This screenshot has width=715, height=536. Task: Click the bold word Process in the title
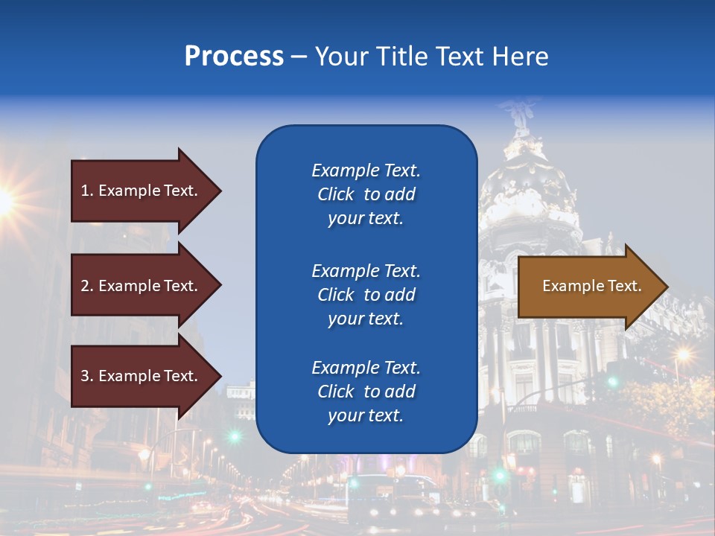pos(234,57)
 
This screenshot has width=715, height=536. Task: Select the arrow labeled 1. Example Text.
pos(139,191)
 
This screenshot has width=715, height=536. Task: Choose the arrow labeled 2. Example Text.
pos(139,286)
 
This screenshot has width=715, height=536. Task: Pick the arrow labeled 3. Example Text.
pos(139,376)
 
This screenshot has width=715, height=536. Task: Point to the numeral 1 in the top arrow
pos(85,191)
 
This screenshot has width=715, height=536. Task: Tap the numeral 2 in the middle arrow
pos(85,286)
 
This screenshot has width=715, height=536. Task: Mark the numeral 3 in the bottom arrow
pos(85,376)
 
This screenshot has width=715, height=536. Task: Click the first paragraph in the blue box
pos(366,194)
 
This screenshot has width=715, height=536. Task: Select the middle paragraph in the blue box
pos(366,295)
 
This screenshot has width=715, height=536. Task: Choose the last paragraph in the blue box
pos(366,392)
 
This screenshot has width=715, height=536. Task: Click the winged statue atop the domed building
pos(520,117)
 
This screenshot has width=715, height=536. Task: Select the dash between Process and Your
pos(299,57)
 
